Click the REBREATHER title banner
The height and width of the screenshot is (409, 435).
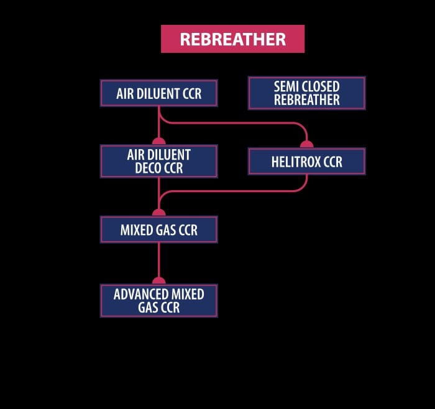(232, 39)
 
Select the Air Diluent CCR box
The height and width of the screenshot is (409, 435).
(158, 93)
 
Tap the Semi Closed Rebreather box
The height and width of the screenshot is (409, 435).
(306, 93)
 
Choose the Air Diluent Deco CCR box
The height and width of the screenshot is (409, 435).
(158, 161)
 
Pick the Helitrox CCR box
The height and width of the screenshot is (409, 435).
(306, 162)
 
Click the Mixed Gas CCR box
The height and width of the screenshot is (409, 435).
(158, 229)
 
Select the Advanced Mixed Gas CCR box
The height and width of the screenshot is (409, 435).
(158, 300)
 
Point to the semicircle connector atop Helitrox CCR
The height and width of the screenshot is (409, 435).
(306, 144)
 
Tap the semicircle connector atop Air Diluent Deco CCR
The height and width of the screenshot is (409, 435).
(158, 141)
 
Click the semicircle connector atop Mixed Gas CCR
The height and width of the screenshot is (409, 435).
(158, 213)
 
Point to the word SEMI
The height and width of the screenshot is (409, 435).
(287, 86)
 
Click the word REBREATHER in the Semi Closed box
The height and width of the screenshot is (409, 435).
(306, 100)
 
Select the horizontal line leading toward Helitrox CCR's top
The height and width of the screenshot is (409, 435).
(236, 123)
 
